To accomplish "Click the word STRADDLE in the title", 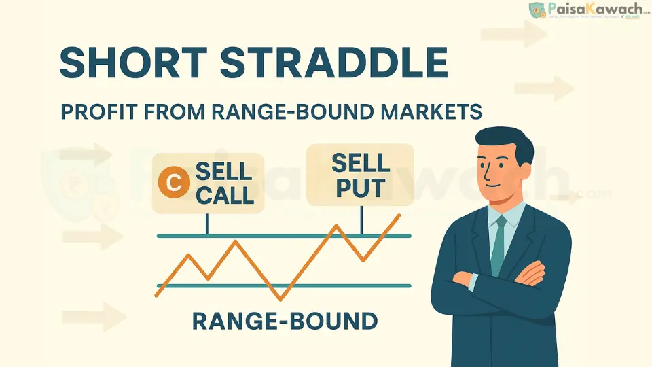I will click(333, 64).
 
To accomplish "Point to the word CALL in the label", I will click(224, 194).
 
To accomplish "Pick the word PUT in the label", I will click(361, 186).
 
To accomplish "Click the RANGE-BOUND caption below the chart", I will click(285, 320).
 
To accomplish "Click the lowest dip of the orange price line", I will click(280, 298).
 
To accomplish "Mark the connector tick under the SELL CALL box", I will click(206, 224).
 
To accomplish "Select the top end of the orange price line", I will click(399, 215).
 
